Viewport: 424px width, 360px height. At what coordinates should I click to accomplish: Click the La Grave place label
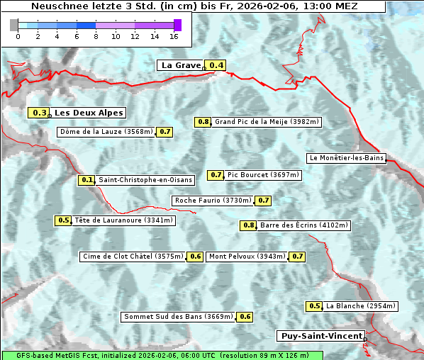[181, 65]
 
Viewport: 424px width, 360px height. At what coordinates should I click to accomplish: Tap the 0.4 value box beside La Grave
[216, 66]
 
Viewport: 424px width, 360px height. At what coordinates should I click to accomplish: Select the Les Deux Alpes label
[89, 113]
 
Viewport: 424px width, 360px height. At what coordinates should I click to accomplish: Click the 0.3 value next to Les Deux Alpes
[40, 113]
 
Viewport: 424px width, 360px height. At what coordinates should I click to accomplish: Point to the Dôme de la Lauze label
[106, 132]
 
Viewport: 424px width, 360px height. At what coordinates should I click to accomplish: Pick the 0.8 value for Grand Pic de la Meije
[203, 122]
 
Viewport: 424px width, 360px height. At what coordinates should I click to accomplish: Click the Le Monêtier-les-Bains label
[346, 158]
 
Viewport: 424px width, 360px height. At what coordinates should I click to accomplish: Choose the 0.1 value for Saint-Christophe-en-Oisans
[87, 180]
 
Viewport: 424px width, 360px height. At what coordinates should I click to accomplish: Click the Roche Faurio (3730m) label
[213, 201]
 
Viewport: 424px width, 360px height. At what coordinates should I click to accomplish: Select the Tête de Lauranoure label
[124, 220]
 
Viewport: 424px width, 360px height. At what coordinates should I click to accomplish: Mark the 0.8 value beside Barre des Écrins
[249, 225]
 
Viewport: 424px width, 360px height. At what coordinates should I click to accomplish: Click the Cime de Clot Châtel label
[133, 257]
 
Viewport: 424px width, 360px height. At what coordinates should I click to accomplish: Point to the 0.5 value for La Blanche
[315, 306]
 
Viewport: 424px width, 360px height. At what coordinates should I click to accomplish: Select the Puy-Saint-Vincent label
[321, 336]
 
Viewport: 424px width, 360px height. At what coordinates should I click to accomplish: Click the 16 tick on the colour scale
[174, 36]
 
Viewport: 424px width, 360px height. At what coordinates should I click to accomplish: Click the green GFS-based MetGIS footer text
[162, 355]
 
